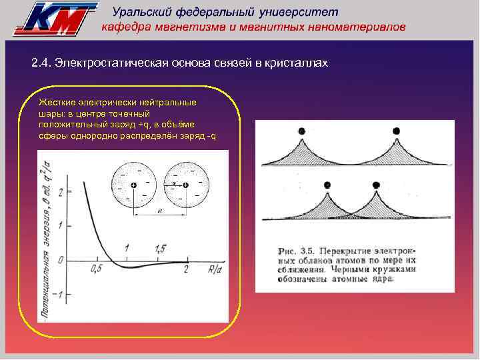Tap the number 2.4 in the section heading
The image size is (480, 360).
[40, 63]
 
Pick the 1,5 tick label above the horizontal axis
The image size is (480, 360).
[159, 249]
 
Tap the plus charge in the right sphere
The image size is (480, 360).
[186, 185]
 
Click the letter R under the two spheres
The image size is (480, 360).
[160, 210]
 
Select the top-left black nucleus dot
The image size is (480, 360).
[302, 131]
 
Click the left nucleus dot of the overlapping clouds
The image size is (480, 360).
[327, 185]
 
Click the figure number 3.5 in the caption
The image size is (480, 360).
[308, 251]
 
